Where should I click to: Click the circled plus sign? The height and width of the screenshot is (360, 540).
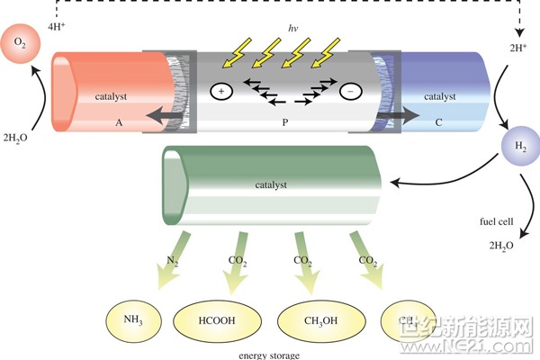pos(220,91)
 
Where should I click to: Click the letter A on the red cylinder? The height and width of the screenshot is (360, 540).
pos(119,119)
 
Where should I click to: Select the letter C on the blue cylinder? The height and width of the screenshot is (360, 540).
pos(438,119)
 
